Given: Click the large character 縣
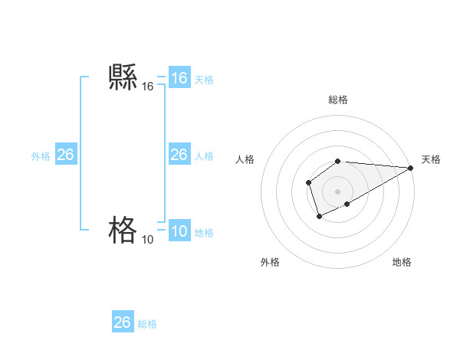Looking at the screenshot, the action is [123, 78].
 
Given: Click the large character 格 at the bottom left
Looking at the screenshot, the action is [123, 229].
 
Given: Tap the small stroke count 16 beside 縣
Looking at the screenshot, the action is [148, 88].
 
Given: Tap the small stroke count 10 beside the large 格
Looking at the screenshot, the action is [147, 240].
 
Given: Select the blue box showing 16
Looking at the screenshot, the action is [179, 78].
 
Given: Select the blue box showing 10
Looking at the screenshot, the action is [179, 231].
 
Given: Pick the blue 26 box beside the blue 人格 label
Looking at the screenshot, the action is [179, 155].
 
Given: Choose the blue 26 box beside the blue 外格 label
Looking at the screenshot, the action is [66, 155].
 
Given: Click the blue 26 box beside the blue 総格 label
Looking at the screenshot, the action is [123, 322].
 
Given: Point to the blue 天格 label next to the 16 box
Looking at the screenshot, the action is [204, 80].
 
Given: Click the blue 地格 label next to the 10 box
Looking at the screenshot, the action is [204, 233].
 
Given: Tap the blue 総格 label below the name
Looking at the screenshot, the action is [147, 324].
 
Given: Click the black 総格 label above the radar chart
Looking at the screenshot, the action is [338, 100].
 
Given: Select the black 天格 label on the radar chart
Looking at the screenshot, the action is [431, 159].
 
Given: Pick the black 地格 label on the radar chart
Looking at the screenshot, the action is [402, 262].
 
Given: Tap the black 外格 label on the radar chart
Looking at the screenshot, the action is [270, 262].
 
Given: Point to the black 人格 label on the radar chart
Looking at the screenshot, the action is [245, 159].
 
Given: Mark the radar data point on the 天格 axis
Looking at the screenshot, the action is [411, 168].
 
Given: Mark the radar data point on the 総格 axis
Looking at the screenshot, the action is [338, 161].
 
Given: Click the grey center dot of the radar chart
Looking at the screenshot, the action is [338, 191].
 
